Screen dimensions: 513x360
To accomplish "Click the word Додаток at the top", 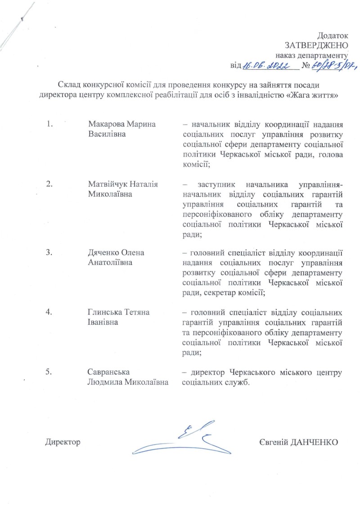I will (333, 35).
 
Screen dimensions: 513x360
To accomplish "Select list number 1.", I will (50, 123).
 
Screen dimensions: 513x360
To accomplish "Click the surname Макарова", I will (105, 123).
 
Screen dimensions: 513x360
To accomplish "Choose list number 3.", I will (50, 252).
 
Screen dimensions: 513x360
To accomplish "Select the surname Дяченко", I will (104, 252).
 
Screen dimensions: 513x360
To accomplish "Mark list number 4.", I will (50, 312).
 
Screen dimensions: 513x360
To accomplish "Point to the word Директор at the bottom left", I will (63, 442).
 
